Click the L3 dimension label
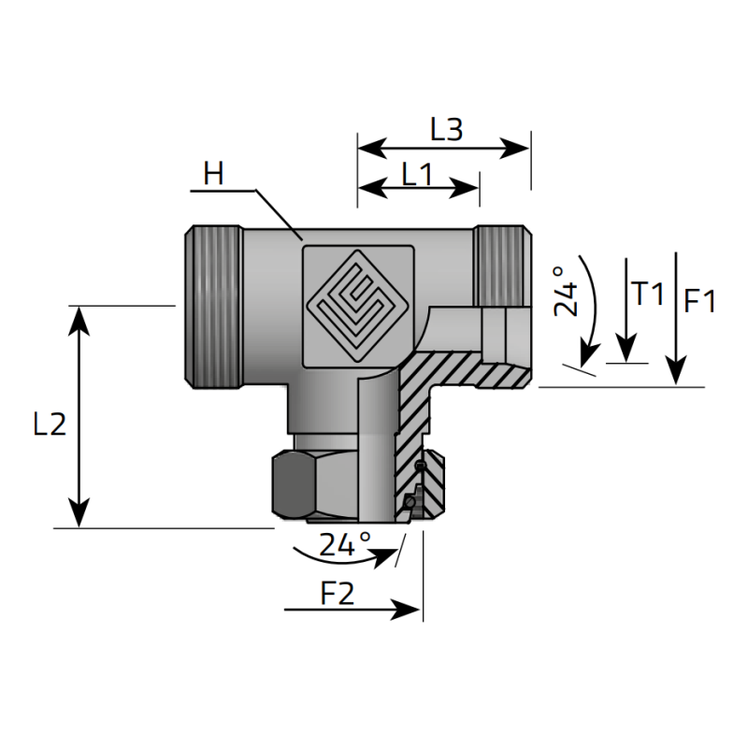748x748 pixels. pyautogui.click(x=446, y=130)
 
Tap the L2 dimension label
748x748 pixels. pyautogui.click(x=49, y=424)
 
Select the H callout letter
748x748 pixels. pyautogui.click(x=214, y=173)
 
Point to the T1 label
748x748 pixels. pyautogui.click(x=646, y=295)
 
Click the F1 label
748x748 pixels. pyautogui.click(x=699, y=301)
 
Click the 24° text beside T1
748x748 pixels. pyautogui.click(x=567, y=291)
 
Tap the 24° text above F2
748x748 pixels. pyautogui.click(x=345, y=544)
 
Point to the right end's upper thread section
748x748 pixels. pyautogui.click(x=500, y=266)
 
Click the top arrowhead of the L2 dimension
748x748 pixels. pyautogui.click(x=79, y=316)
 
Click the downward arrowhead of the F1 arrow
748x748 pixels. pyautogui.click(x=678, y=373)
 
